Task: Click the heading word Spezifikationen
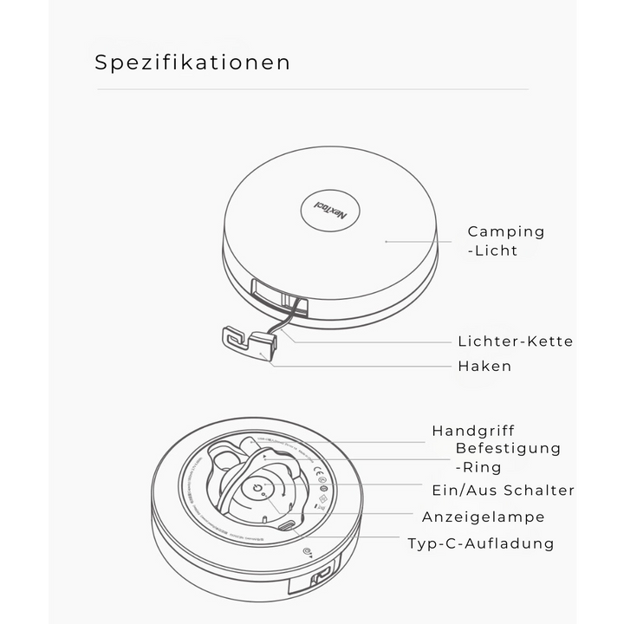192,62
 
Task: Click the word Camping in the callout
506,231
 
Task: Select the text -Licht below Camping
492,250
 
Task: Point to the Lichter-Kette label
515,341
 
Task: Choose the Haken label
484,366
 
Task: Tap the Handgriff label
473,431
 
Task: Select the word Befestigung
508,448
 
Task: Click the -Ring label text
478,467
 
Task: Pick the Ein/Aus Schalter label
503,491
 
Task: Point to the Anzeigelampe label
484,517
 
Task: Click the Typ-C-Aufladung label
481,543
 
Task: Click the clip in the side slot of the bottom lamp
322,575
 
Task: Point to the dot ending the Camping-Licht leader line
387,241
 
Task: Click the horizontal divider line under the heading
312,89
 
